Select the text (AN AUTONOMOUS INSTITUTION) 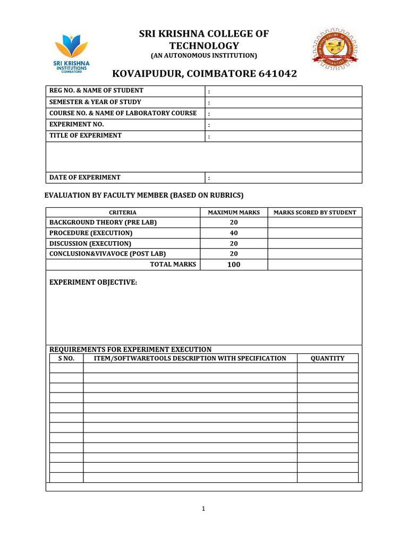(x=204, y=56)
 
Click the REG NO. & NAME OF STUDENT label (x=96, y=90)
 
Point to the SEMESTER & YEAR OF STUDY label (x=95, y=102)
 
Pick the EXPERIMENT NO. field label (x=76, y=124)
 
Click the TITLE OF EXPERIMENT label (x=86, y=135)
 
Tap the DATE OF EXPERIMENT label (x=85, y=177)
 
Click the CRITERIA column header (x=123, y=212)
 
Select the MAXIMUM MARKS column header (x=234, y=212)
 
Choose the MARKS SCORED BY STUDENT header (x=314, y=212)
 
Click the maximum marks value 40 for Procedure (x=234, y=233)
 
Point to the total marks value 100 (x=234, y=265)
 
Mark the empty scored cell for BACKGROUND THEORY (x=314, y=223)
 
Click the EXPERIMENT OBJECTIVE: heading (x=93, y=283)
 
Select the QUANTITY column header (x=327, y=359)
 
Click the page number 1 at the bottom (x=203, y=509)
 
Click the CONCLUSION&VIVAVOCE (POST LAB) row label (x=111, y=254)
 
